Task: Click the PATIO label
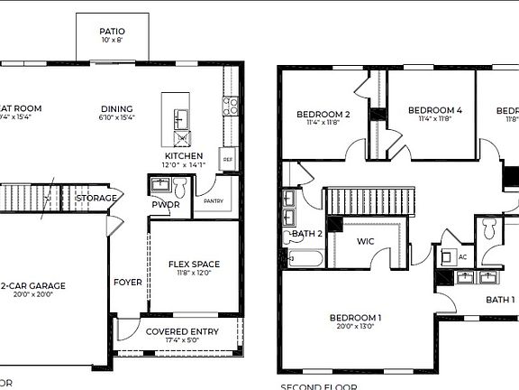pos(112,31)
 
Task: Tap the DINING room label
pos(116,108)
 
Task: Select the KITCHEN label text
pos(184,154)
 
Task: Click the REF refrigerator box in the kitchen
pos(227,158)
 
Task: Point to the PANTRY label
pos(214,201)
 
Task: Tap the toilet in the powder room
pos(179,188)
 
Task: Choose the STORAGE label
pos(95,198)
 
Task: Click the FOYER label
pos(127,282)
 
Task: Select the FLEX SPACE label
pos(194,265)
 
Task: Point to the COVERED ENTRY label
pos(182,331)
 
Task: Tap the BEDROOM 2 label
pos(323,114)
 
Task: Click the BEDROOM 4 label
pos(434,110)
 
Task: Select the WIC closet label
pos(365,241)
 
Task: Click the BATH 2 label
pos(308,234)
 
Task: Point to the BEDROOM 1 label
pos(355,318)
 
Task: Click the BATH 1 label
pos(500,300)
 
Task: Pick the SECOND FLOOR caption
pos(312,386)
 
